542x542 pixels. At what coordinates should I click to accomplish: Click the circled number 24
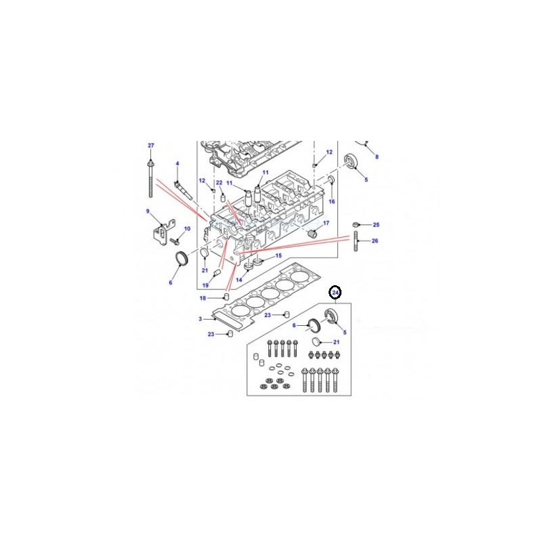335,293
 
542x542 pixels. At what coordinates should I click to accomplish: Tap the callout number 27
151,146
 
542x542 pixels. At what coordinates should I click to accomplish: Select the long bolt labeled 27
150,178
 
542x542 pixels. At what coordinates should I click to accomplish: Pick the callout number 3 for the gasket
200,319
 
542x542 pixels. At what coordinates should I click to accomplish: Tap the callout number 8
377,157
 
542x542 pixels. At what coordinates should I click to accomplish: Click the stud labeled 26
356,242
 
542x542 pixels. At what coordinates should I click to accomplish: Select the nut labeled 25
355,225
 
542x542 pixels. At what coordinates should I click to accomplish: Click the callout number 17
326,224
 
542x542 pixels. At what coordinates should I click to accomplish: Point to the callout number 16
332,201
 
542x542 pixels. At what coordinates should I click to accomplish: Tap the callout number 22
219,182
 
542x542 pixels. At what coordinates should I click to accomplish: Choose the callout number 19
205,285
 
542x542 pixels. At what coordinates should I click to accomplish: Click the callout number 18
203,298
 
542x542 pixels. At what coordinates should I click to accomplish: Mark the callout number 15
278,255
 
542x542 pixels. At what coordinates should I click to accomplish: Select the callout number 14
238,280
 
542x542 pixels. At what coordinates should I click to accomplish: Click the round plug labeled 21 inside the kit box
316,342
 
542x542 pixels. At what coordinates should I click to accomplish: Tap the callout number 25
376,225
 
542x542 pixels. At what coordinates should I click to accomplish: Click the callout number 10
187,229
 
